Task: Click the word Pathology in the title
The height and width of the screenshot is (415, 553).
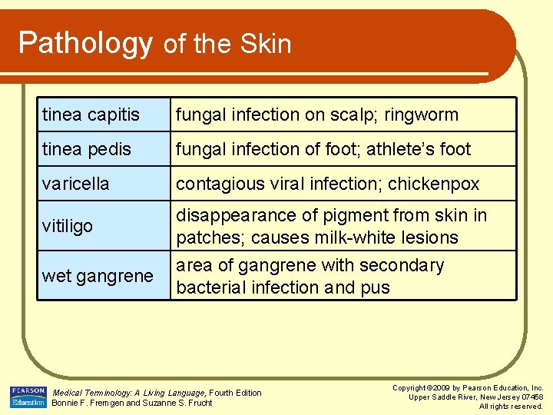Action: tap(84, 43)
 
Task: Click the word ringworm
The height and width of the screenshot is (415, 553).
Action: tap(422, 115)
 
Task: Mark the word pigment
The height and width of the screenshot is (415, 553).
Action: tap(354, 215)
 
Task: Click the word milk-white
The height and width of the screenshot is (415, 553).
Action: tap(356, 237)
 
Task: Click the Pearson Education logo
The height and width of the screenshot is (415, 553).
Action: tap(28, 397)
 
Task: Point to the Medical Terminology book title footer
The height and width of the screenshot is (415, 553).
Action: tap(129, 393)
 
